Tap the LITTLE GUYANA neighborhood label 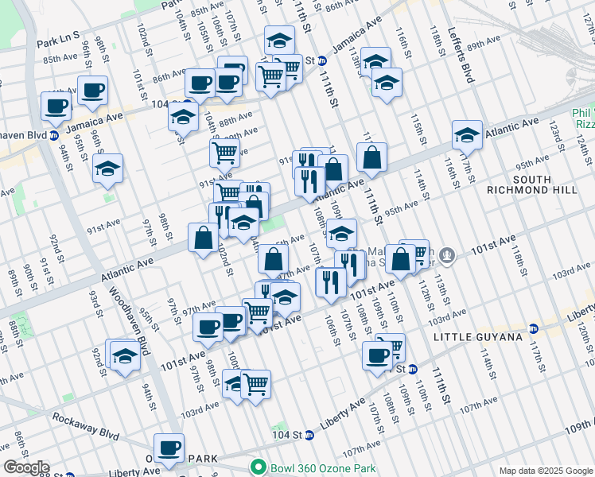(x=478, y=337)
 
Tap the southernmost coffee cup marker (x=169, y=448)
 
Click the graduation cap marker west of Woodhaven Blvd (x=107, y=169)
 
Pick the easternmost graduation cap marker (x=468, y=134)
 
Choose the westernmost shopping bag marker (x=204, y=237)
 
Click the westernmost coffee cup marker (x=56, y=105)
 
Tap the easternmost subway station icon (x=534, y=328)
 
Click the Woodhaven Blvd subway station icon (x=54, y=135)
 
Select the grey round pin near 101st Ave (x=448, y=256)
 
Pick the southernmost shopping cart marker (x=256, y=385)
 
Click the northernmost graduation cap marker (x=279, y=40)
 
